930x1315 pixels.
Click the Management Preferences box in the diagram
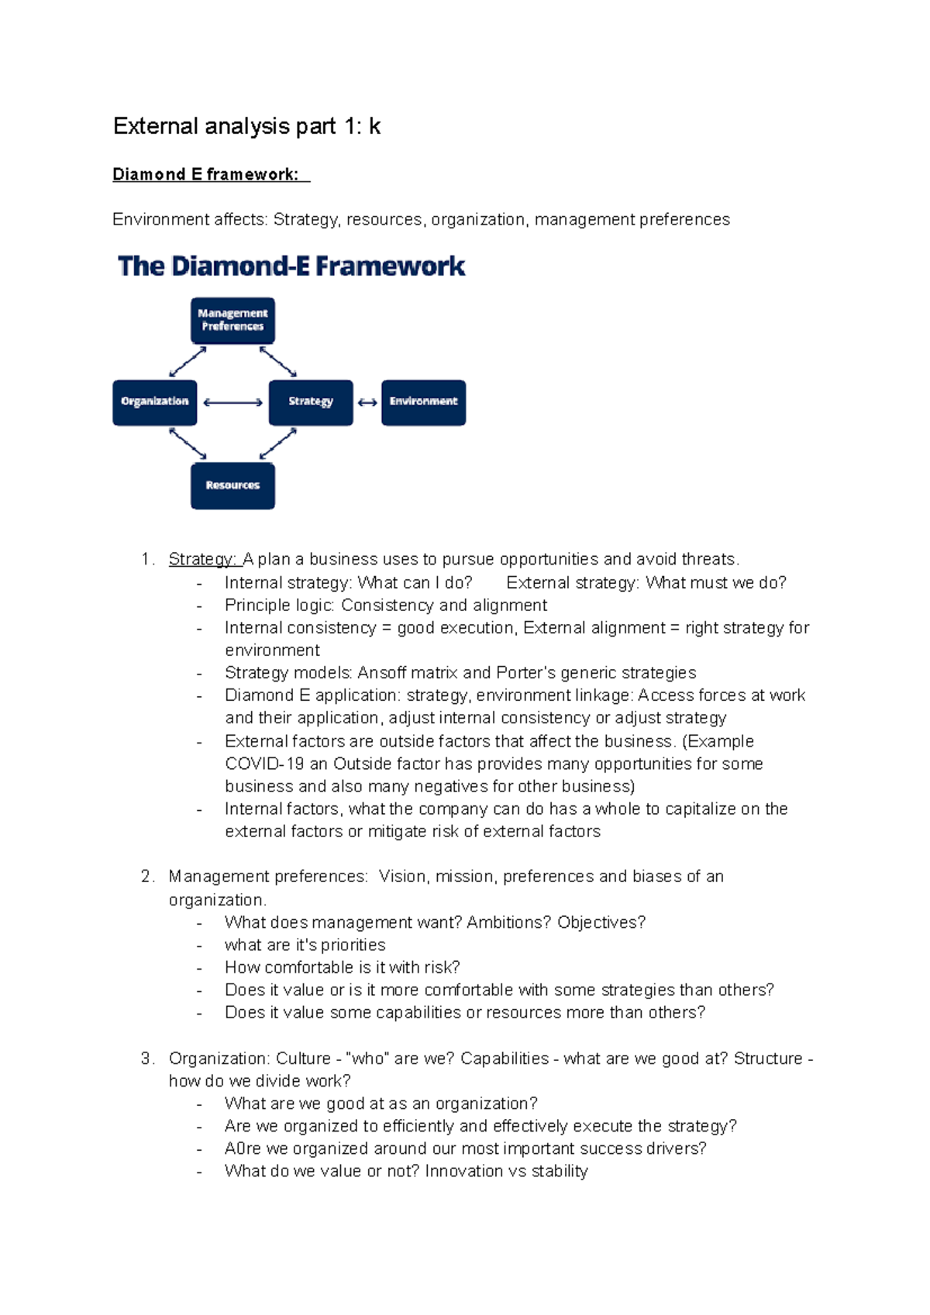[232, 321]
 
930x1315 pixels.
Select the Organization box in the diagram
[154, 402]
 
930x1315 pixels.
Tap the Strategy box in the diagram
[311, 402]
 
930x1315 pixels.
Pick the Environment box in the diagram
[423, 402]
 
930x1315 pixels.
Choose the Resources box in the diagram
[232, 486]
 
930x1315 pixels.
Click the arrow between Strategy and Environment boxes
[367, 403]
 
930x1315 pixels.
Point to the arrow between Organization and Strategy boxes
[232, 403]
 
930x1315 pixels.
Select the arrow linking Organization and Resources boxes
[188, 444]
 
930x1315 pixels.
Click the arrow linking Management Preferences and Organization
[188, 362]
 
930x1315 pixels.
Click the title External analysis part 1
[246, 126]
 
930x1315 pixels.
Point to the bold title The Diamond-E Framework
[291, 266]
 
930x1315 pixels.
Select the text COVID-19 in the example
[264, 764]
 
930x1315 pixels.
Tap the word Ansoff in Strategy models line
[381, 672]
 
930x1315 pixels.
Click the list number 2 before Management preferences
[146, 877]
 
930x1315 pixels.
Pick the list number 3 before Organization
[146, 1059]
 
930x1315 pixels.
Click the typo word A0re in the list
[243, 1148]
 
